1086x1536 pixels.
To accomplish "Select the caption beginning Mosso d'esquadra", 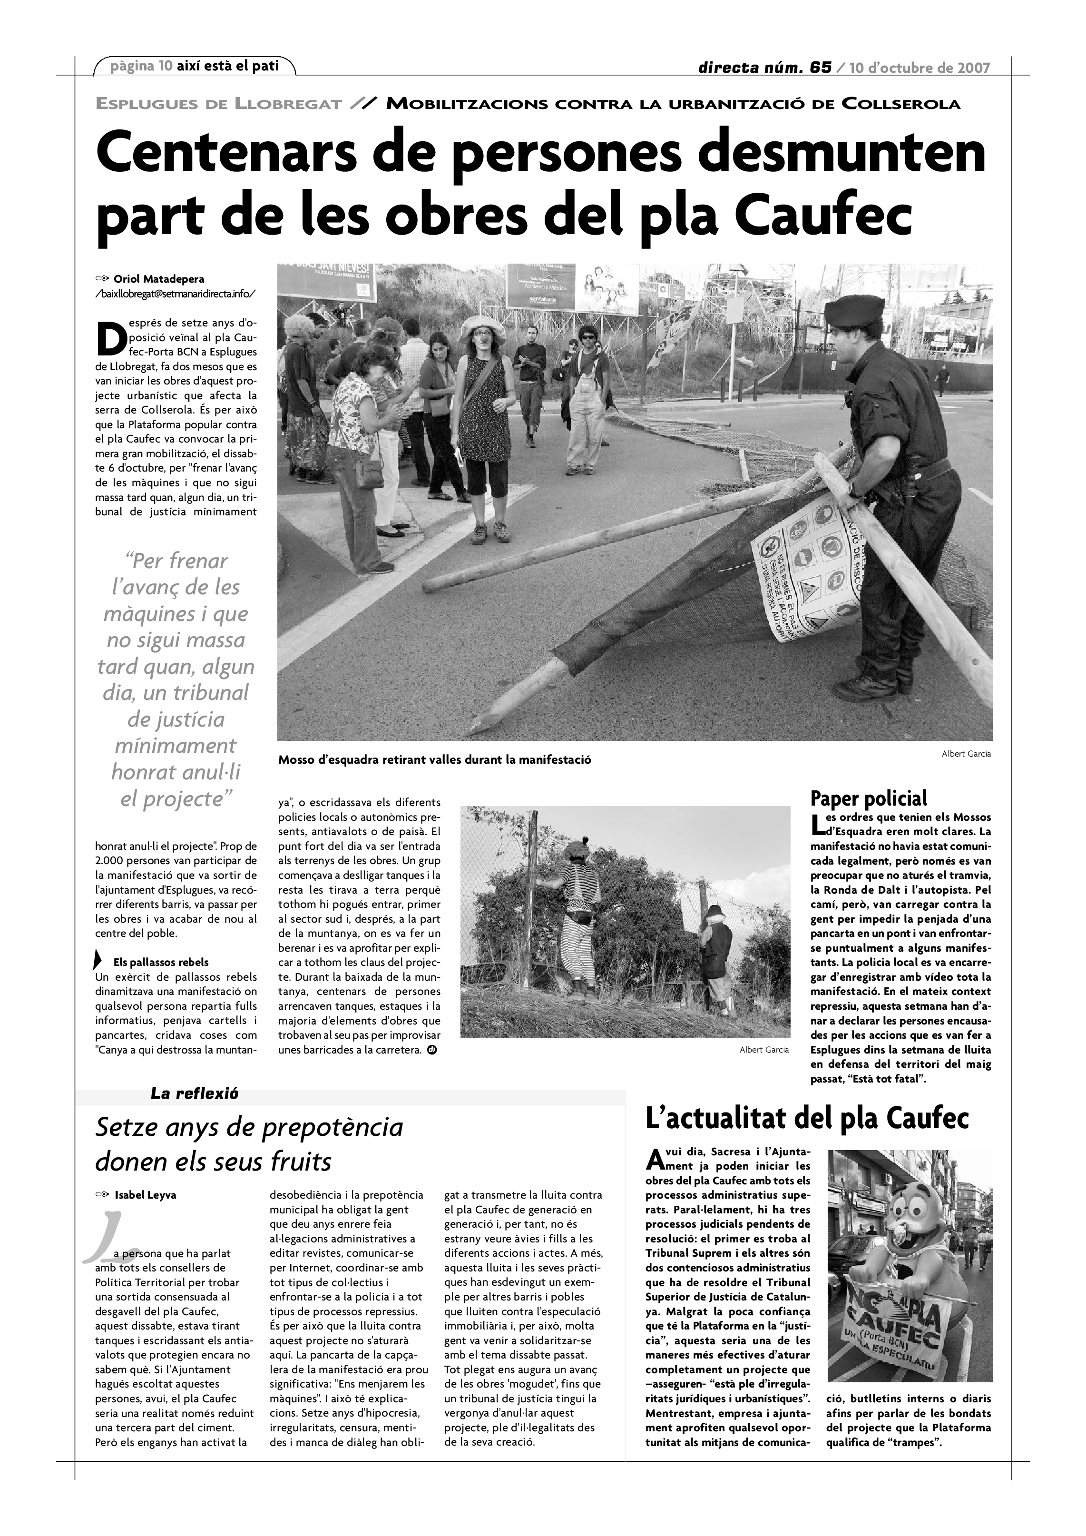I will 435,760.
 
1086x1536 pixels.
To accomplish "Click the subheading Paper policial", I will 869,798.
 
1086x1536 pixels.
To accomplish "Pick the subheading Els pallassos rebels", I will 161,962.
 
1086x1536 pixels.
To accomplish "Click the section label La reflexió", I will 195,1094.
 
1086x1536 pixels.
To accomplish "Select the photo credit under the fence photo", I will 763,1050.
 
